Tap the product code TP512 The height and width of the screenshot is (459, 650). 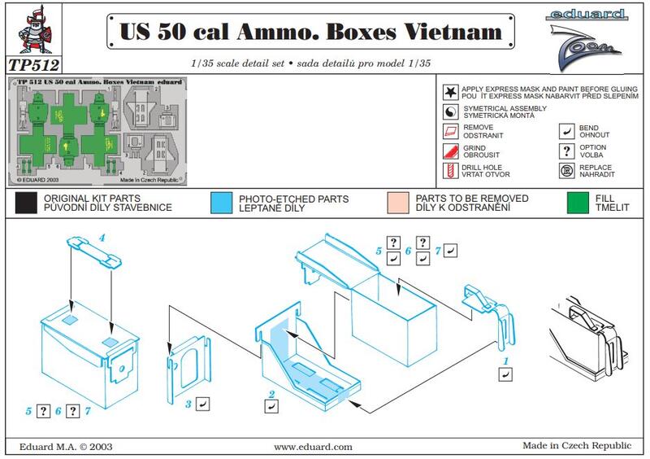pos(33,63)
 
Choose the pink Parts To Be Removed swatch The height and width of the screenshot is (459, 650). pos(398,203)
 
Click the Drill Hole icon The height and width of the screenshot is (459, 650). pos(450,171)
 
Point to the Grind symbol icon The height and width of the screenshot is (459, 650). pos(450,151)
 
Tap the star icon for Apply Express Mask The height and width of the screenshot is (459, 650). pos(450,92)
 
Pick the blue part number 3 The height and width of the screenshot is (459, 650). pos(188,403)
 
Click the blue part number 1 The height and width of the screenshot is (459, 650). pos(505,360)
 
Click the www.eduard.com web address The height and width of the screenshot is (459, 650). pos(313,446)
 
